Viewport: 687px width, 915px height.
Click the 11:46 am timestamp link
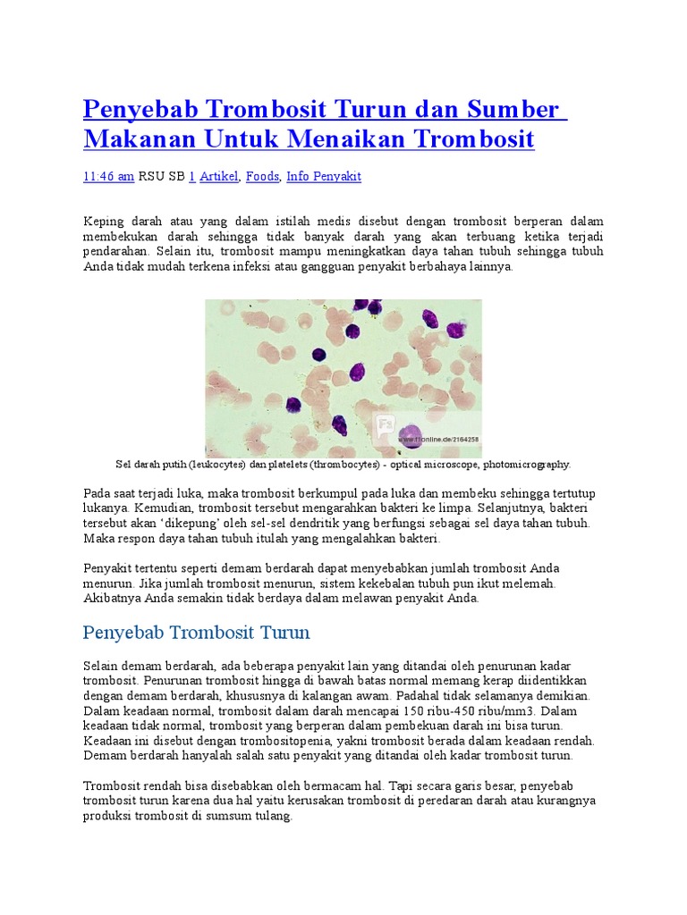pos(108,177)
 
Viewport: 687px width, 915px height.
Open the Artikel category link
pos(218,177)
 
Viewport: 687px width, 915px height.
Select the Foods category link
pos(262,177)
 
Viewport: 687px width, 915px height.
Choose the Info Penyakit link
pos(324,177)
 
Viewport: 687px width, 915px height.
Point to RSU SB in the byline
pos(161,177)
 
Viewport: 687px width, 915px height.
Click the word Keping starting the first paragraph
pos(104,221)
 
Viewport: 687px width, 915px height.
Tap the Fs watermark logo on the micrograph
pos(382,428)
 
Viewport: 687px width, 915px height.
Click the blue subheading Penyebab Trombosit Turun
pos(196,634)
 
